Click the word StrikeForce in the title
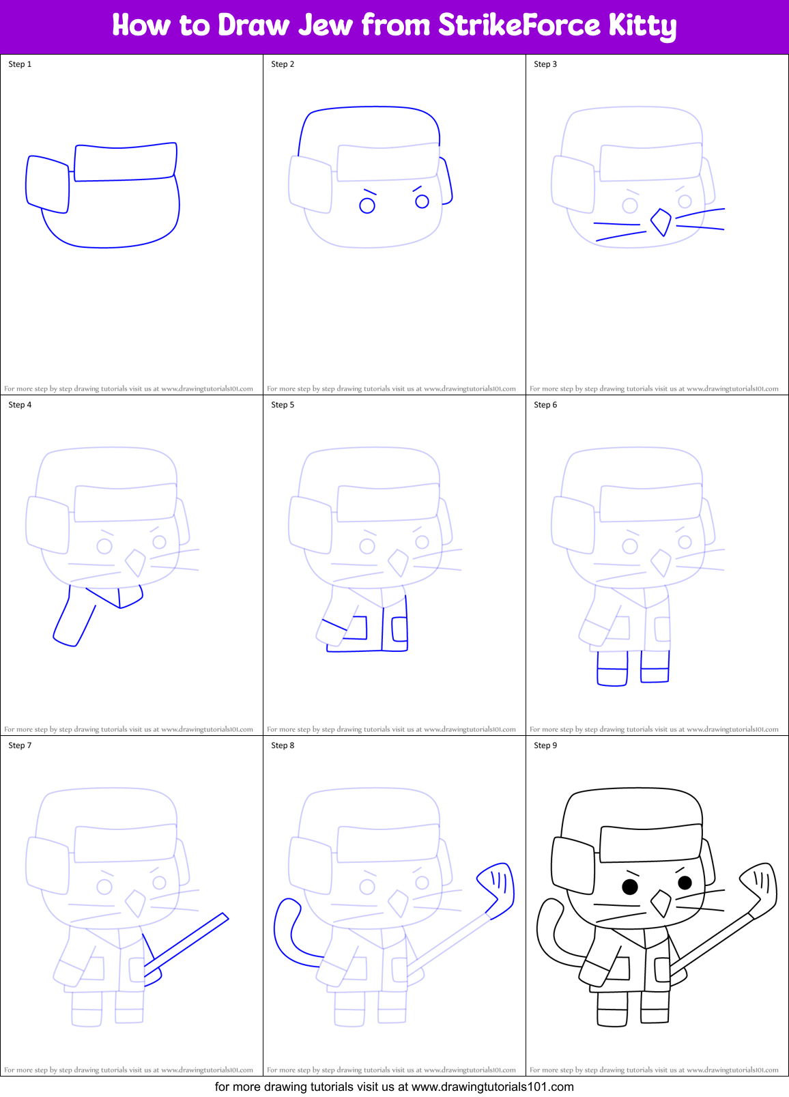[519, 26]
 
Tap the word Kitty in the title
[642, 26]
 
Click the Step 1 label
[20, 64]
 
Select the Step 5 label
[283, 405]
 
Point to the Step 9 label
[545, 745]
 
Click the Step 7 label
[20, 745]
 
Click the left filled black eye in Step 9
[630, 887]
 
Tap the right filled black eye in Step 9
[685, 883]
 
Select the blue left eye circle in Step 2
[367, 205]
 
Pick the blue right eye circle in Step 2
[422, 201]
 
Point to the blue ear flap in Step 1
[48, 184]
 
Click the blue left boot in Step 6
[612, 669]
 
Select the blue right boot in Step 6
[655, 667]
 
